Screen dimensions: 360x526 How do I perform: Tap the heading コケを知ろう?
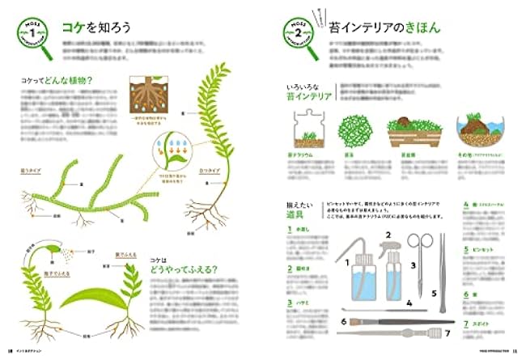point(95,27)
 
